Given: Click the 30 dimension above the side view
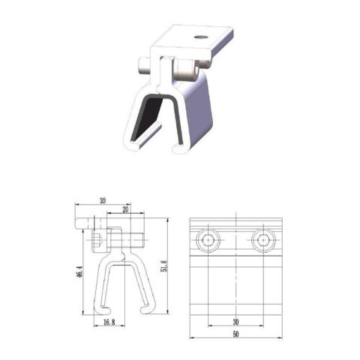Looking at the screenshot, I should (x=102, y=201).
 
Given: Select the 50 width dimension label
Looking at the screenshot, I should (x=237, y=334).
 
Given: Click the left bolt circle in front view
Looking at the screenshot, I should (x=209, y=241).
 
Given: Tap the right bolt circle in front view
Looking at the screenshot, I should (x=262, y=241).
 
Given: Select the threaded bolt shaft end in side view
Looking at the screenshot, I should (x=137, y=241).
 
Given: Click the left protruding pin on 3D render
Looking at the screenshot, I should (x=142, y=69).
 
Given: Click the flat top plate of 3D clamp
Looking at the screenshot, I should (x=196, y=42).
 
